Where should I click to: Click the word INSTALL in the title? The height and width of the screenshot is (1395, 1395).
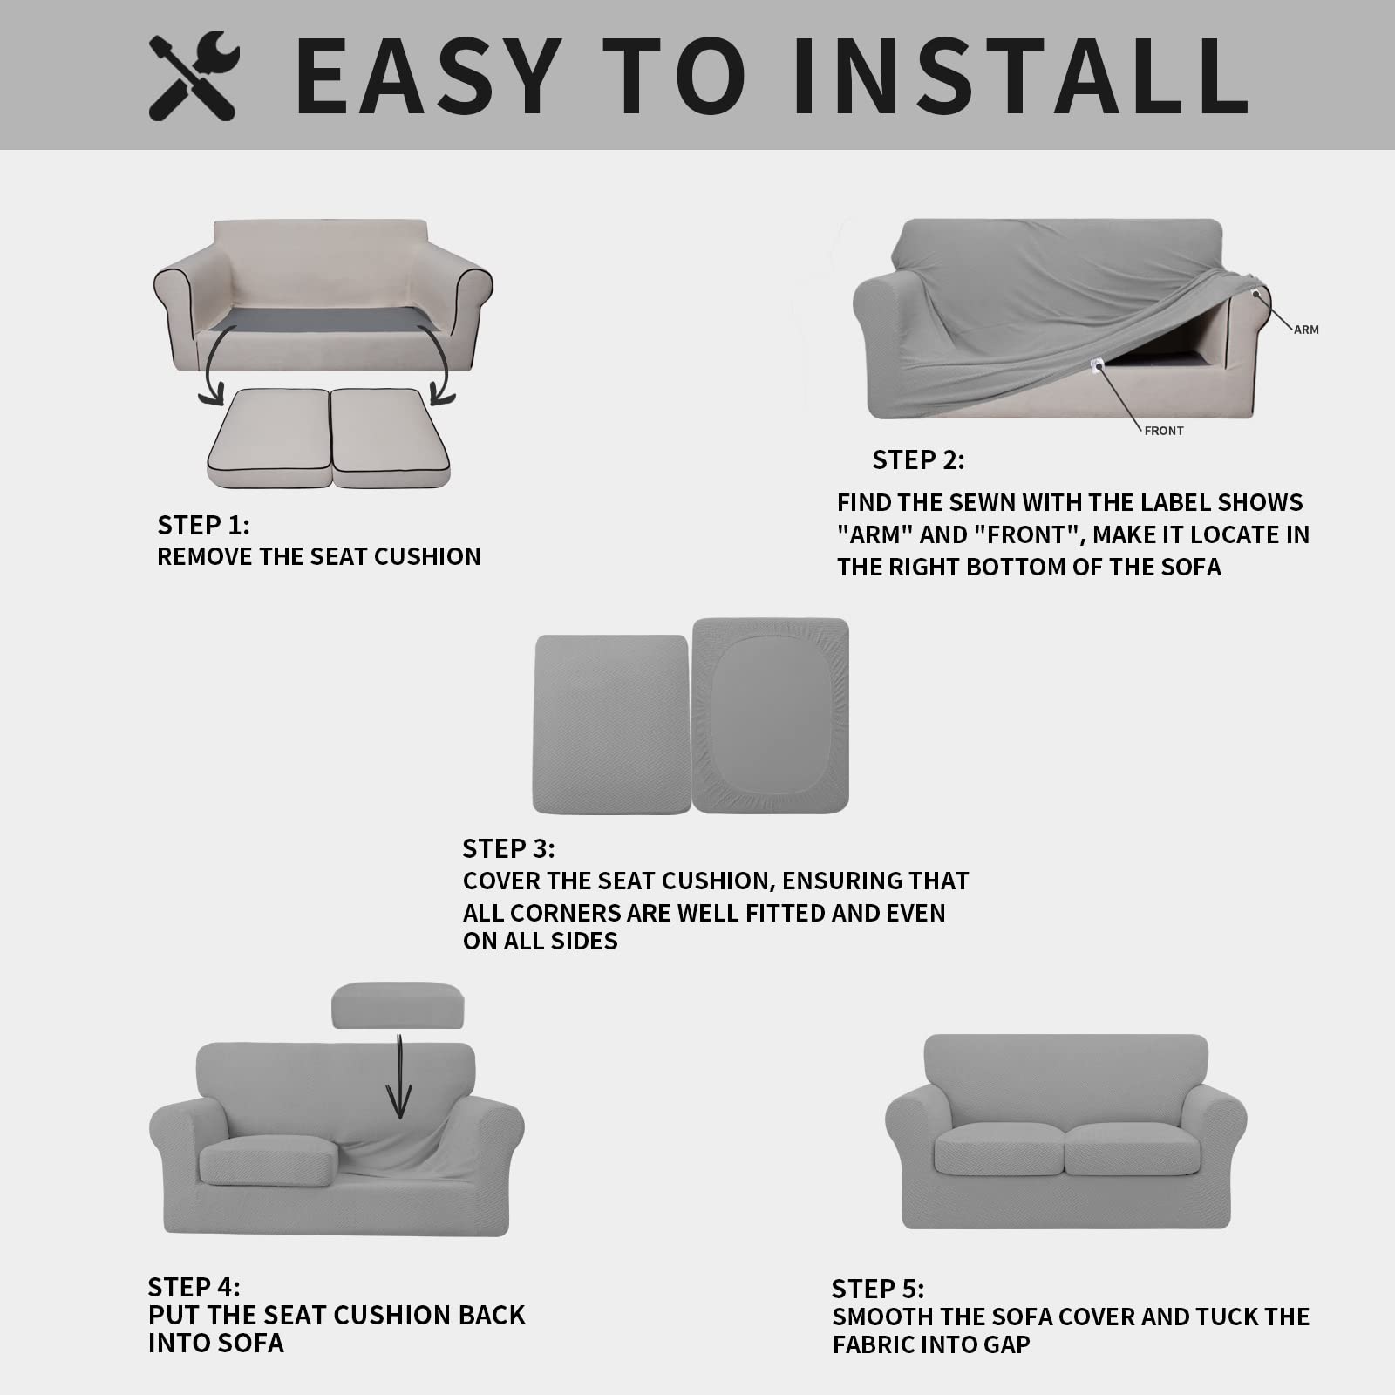(1021, 76)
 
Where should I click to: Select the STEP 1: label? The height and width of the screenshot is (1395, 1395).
(203, 525)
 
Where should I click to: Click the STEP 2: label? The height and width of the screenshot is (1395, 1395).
(918, 459)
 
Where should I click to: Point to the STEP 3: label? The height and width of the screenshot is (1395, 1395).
(508, 848)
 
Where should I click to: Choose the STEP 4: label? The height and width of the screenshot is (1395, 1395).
(194, 1287)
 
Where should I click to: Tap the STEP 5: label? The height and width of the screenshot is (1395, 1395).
(878, 1289)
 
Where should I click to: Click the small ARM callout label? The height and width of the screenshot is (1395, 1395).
(1305, 330)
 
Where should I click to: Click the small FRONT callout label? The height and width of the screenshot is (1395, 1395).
(1164, 431)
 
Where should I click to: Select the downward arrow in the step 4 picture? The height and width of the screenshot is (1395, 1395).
(399, 1077)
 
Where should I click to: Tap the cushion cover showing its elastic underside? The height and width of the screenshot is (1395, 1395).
(771, 715)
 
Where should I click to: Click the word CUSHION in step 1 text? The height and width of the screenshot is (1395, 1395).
(427, 556)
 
